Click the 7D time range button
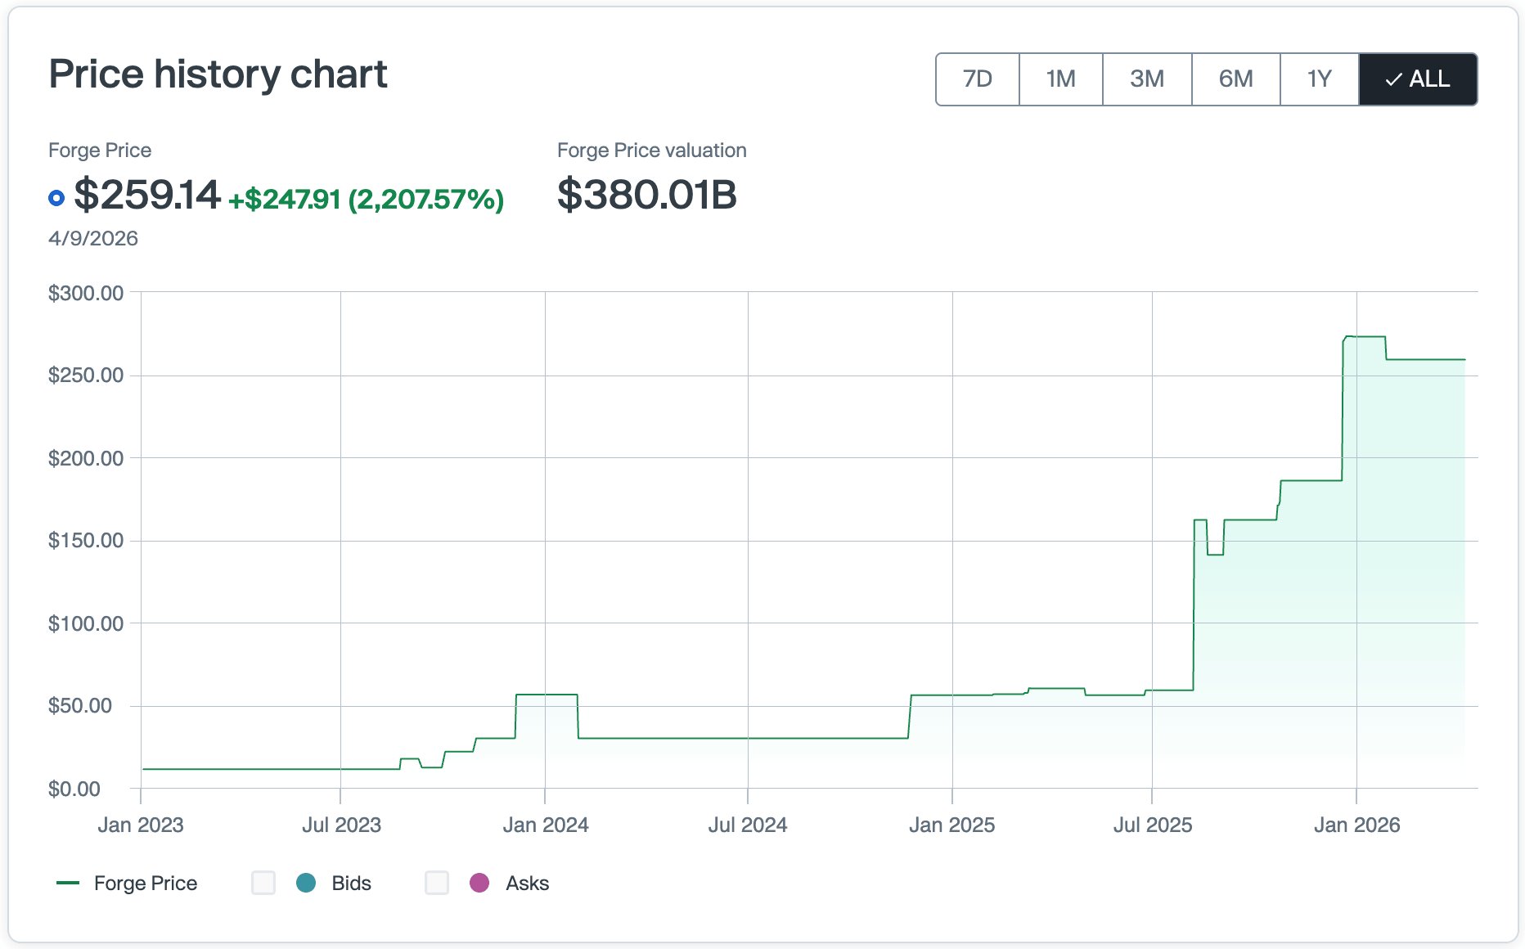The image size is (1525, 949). click(x=977, y=79)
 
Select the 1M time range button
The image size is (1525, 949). click(x=1060, y=79)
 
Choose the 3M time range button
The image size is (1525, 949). click(x=1146, y=79)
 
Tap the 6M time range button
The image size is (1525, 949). click(x=1235, y=79)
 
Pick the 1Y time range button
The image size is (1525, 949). click(x=1319, y=79)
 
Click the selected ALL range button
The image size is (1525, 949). click(x=1418, y=79)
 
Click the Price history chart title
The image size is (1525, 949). click(x=218, y=74)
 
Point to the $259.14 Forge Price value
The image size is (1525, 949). click(x=147, y=196)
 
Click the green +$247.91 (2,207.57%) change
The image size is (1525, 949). click(x=366, y=199)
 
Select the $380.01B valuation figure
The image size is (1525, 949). click(x=646, y=196)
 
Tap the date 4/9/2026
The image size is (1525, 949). click(x=93, y=238)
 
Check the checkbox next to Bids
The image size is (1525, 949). click(x=263, y=883)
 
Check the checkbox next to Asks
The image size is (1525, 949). click(x=437, y=883)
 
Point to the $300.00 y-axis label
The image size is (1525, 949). click(x=86, y=293)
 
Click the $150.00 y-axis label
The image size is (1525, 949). click(x=86, y=540)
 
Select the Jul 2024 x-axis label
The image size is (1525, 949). click(x=747, y=825)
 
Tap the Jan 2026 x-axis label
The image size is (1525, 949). click(x=1356, y=825)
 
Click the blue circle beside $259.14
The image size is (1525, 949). click(x=56, y=198)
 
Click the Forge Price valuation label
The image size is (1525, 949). click(x=651, y=151)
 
